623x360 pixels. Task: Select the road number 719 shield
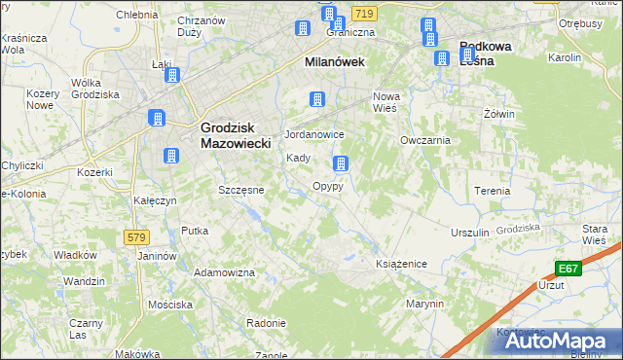(364, 14)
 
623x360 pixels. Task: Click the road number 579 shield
(136, 236)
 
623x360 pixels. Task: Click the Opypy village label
(327, 186)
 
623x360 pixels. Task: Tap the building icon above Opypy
(340, 163)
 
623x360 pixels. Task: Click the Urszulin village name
(469, 234)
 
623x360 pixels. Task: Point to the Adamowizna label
(223, 273)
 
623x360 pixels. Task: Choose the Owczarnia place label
(424, 140)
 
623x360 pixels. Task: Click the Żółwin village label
(498, 114)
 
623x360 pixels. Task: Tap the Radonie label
(266, 323)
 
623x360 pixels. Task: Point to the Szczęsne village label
(240, 190)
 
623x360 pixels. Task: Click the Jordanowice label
(313, 134)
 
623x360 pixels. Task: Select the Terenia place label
(492, 191)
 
